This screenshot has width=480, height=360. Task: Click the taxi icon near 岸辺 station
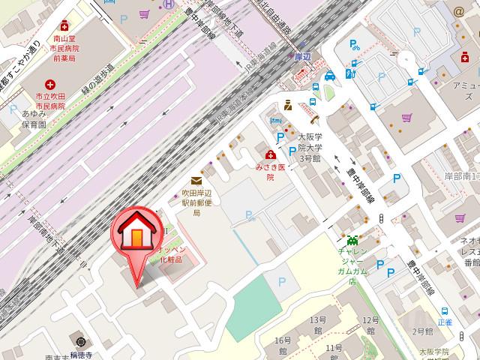(330, 75)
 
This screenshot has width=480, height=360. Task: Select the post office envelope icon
(196, 180)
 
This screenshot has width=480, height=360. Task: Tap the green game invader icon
(352, 241)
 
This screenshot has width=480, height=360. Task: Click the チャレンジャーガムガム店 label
(351, 262)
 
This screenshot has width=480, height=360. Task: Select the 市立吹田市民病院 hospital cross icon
(50, 85)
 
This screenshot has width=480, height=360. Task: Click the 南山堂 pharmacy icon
(64, 25)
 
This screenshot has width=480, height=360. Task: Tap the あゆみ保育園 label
(34, 119)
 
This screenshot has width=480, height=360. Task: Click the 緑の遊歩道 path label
(97, 76)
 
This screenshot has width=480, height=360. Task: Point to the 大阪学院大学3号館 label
(310, 148)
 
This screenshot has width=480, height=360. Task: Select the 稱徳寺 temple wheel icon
(79, 338)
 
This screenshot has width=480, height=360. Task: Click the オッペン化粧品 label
(177, 253)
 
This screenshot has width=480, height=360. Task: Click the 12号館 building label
(370, 325)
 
